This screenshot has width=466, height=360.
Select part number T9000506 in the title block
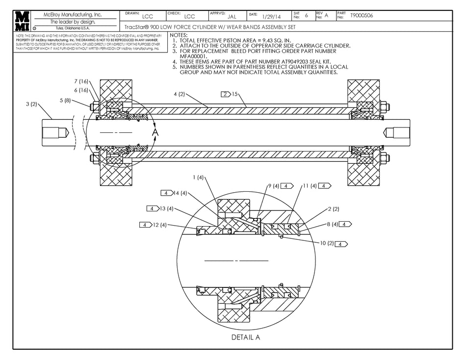(362, 16)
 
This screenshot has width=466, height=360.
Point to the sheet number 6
(307, 16)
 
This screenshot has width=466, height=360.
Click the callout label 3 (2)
(31, 104)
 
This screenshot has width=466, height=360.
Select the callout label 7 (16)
(81, 81)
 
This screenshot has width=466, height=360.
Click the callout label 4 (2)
(179, 94)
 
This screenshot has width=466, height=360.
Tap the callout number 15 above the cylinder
(235, 94)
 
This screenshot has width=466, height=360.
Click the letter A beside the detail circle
(155, 132)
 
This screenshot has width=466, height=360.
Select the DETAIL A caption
(245, 337)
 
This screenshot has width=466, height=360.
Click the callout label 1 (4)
(198, 177)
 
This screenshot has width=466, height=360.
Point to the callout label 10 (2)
(327, 243)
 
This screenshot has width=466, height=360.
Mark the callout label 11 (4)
(309, 186)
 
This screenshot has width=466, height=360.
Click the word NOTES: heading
(178, 35)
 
